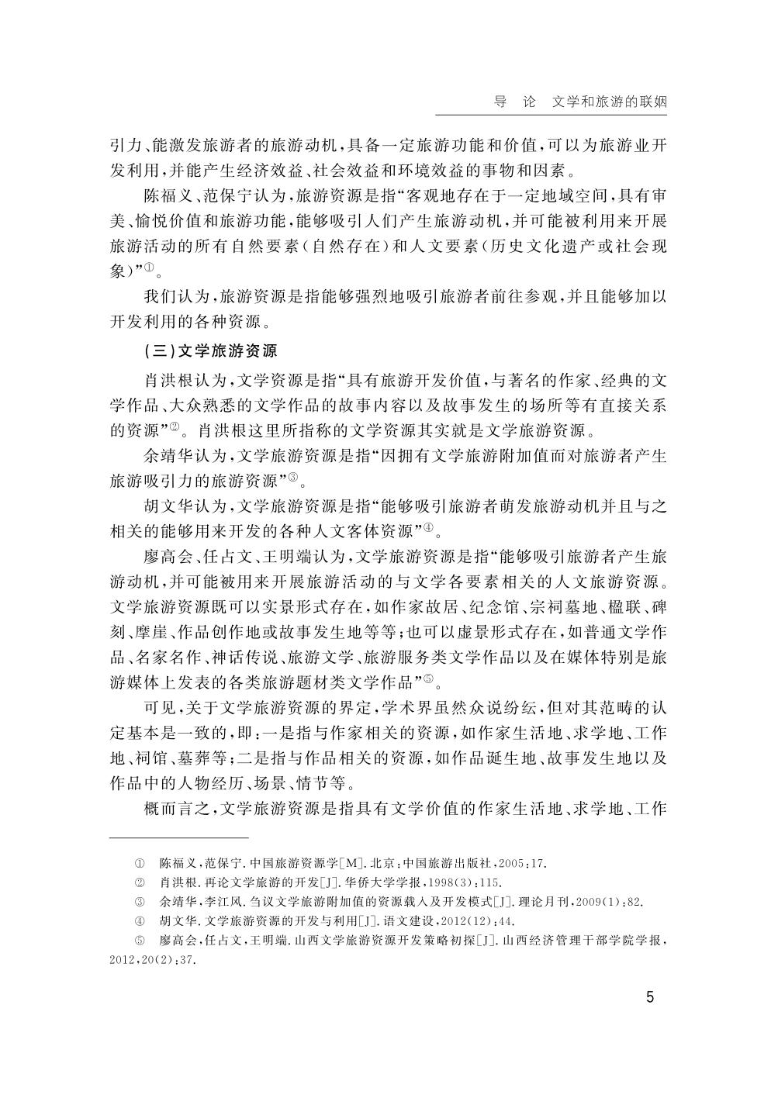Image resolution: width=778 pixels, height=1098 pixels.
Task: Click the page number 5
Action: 650,996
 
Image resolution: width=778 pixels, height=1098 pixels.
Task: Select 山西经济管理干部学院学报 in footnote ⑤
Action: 582,941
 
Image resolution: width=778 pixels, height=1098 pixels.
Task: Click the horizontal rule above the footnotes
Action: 178,838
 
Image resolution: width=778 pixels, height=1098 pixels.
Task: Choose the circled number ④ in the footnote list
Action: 140,921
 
